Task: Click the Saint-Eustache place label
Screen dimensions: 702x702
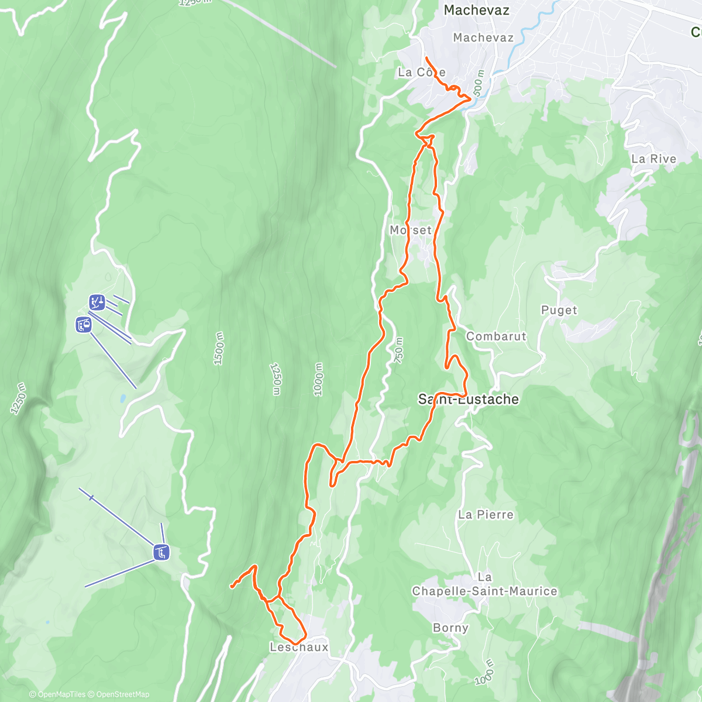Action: pos(468,399)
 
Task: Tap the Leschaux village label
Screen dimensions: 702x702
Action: pos(299,647)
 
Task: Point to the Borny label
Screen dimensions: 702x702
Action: pos(450,628)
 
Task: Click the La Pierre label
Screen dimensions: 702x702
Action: pos(486,515)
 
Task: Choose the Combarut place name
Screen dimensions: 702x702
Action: pos(496,336)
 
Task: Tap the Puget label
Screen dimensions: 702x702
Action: pos(559,310)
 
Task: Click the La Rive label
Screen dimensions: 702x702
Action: pos(653,159)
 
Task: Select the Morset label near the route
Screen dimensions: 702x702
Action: pos(411,230)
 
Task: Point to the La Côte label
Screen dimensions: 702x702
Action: pos(421,73)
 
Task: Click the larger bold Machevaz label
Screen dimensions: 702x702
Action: pos(476,10)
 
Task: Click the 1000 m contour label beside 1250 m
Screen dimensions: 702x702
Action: pos(318,379)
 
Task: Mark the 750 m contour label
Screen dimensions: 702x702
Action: pos(399,349)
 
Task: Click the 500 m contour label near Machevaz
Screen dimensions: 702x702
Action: pos(479,83)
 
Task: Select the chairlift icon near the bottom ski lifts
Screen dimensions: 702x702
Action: pos(161,552)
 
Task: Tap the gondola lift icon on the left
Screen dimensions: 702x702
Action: pos(84,324)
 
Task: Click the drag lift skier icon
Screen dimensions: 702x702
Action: pos(97,302)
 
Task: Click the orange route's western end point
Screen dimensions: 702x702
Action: pos(232,586)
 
